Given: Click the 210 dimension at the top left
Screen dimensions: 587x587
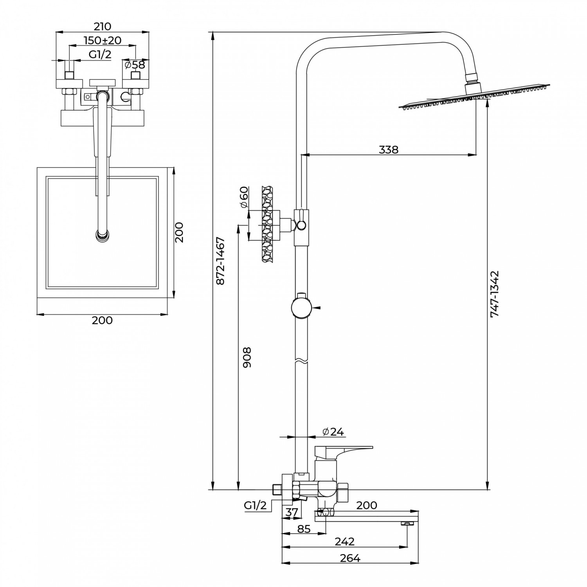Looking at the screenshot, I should [103, 26].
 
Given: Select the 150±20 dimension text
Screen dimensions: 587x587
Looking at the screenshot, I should [103, 40].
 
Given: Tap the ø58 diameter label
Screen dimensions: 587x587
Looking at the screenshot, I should [135, 65].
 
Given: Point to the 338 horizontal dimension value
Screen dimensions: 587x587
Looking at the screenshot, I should [389, 149].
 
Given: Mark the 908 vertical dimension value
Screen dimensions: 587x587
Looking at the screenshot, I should [247, 357].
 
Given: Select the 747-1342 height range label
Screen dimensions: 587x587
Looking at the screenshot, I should [495, 293].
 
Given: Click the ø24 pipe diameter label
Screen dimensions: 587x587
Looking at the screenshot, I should [333, 432].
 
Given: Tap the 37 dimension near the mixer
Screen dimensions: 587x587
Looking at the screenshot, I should [292, 512].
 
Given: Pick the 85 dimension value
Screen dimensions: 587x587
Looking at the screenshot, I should [304, 529].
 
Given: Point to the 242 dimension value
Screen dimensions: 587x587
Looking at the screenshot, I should [345, 542].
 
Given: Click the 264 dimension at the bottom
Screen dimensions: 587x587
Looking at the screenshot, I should [350, 558].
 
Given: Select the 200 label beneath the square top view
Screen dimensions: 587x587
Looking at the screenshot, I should [102, 320].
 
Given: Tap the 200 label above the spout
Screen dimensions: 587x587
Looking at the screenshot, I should [367, 505].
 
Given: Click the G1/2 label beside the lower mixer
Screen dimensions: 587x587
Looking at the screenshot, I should [255, 506].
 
